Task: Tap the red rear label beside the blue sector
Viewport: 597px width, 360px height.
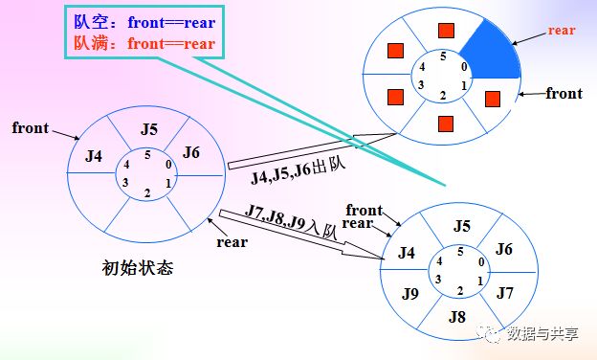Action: tap(562, 30)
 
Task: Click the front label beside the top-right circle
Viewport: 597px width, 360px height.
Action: tap(564, 93)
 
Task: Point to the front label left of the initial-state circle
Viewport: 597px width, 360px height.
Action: tap(31, 127)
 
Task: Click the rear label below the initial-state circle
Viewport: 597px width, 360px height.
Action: tap(232, 242)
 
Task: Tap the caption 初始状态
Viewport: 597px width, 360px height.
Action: tap(138, 268)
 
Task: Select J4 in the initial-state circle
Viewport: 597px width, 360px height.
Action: tap(94, 156)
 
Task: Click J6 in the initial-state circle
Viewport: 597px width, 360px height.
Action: tap(190, 152)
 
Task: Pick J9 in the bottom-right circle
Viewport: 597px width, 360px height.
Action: tap(410, 294)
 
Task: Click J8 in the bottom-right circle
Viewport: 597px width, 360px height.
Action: tap(457, 317)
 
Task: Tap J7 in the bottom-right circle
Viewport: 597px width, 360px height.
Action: tap(505, 293)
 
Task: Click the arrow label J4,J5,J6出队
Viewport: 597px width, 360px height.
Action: tap(298, 171)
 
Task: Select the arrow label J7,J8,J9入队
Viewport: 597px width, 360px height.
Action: tap(291, 222)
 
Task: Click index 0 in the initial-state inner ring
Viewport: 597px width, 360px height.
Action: tap(168, 164)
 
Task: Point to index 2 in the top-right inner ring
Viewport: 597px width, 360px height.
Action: tap(442, 96)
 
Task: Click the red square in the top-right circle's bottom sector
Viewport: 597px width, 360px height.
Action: tap(446, 124)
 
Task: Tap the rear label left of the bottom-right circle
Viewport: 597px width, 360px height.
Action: tap(357, 223)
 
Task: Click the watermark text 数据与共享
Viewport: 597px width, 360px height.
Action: tap(542, 334)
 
